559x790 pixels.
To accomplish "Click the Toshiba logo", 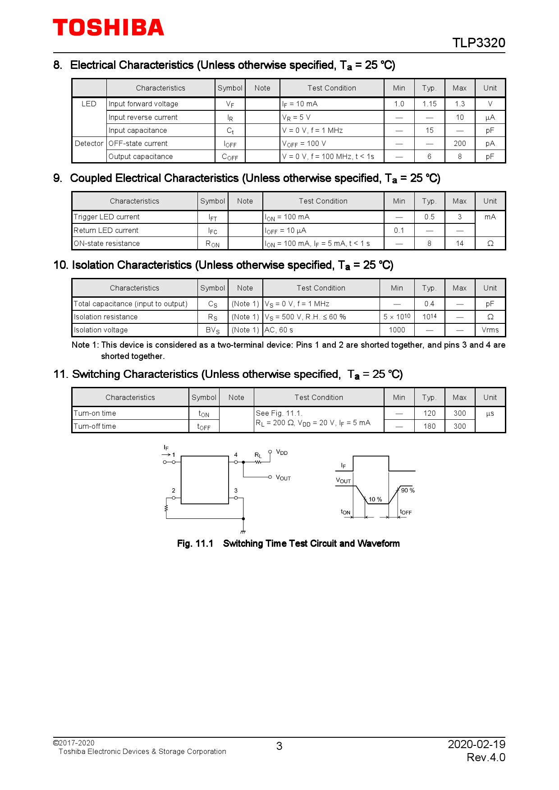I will click(108, 27).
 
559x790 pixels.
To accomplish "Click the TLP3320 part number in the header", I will click(478, 43).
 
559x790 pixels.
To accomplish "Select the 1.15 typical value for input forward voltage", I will click(429, 104).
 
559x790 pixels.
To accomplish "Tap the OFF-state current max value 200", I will click(459, 144).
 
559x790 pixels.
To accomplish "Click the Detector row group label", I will click(89, 144).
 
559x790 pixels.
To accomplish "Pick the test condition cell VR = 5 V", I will click(296, 118).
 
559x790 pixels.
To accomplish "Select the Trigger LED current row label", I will click(107, 217).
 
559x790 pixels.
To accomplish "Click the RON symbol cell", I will click(212, 244).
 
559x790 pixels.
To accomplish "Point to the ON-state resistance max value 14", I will click(459, 244).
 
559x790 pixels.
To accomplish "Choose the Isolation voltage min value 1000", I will click(397, 330).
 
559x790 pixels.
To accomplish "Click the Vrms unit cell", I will click(490, 330).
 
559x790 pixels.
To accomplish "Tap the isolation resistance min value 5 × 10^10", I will click(397, 317).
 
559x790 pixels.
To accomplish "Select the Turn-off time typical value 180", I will click(429, 427).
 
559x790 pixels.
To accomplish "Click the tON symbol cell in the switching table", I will click(204, 414).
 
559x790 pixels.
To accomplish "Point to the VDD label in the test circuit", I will click(282, 452).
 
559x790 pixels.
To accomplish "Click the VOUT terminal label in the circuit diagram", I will click(283, 478).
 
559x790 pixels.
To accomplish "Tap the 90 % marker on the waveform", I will click(408, 490).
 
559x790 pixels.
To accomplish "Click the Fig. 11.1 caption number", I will click(195, 544).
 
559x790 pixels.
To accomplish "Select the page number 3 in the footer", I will click(279, 746).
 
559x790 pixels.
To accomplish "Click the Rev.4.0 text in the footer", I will click(486, 758).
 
